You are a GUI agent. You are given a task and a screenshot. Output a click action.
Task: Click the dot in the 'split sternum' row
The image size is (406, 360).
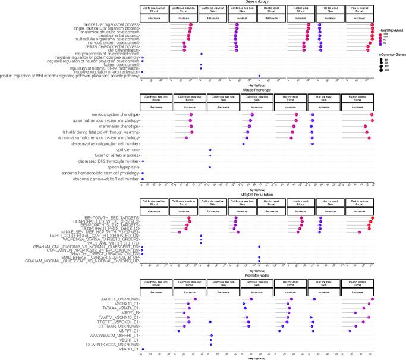(x=210, y=149)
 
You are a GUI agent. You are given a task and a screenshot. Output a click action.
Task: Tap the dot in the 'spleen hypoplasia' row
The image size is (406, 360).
(x=210, y=167)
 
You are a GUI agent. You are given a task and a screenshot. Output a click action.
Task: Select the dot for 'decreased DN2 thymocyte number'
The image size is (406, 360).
(x=143, y=161)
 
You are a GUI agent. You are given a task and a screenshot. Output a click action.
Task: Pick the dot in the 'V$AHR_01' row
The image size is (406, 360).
(x=143, y=350)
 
